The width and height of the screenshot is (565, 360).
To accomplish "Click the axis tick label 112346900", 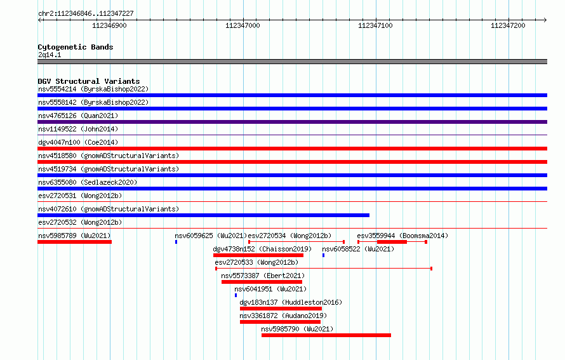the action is coord(110,25).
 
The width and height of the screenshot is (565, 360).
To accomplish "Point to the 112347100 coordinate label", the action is coord(375,25).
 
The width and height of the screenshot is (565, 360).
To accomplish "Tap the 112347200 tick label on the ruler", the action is coord(508,25).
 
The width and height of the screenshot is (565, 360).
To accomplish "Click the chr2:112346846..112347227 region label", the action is coord(86,13).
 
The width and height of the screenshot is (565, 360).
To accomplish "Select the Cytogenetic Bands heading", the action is coord(76,47).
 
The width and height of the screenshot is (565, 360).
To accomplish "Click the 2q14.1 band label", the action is coord(50,55).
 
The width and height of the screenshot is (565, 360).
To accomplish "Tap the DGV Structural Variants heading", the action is coord(89,81).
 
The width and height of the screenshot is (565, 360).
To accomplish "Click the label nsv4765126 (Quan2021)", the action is coord(78,116).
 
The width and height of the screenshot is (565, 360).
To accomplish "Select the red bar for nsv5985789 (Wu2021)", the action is coord(74,242).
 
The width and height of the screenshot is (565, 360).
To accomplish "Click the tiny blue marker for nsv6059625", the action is coord(176,242).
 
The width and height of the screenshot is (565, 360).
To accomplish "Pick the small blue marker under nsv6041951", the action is coord(236,295).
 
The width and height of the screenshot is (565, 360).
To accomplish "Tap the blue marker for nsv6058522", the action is coord(324,255).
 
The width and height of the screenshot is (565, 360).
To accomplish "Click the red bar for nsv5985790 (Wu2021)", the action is coord(326,335).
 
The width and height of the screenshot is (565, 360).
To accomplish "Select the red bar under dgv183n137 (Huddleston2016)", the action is coord(281,309).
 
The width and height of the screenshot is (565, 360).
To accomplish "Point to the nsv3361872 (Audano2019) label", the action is coord(283,316).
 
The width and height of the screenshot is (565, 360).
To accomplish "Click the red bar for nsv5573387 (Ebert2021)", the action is coord(262,282).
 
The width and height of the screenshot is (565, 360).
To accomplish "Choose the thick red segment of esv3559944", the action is coord(392,242).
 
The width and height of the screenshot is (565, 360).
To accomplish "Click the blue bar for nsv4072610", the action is coord(204,215).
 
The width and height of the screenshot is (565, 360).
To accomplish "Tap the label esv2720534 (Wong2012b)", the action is coord(289,236).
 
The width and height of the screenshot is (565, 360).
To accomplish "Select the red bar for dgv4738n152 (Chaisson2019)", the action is coord(258,255).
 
